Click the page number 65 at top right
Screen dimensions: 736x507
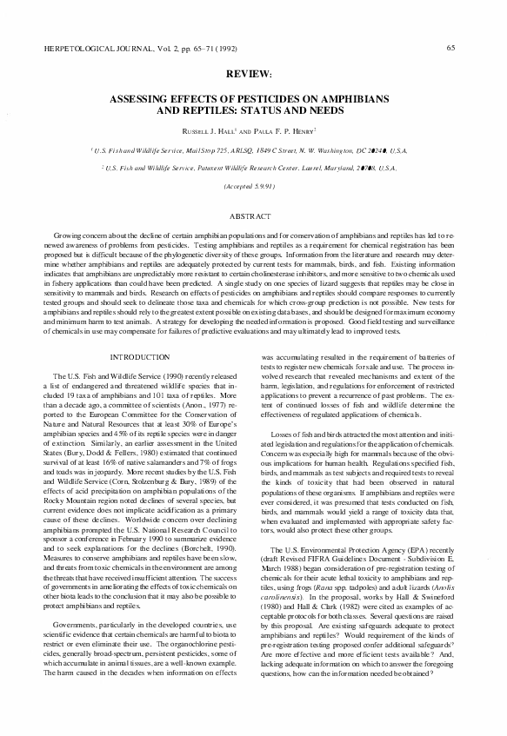coord(449,48)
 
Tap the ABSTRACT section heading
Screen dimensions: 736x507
coord(253,215)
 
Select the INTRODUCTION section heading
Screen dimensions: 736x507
coord(140,357)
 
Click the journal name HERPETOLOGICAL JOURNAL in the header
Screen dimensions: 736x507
coord(93,49)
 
